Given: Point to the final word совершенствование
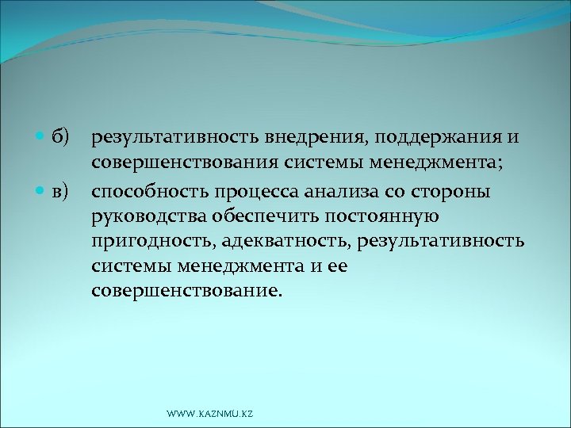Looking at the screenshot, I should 186,291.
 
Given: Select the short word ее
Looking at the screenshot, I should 337,266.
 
